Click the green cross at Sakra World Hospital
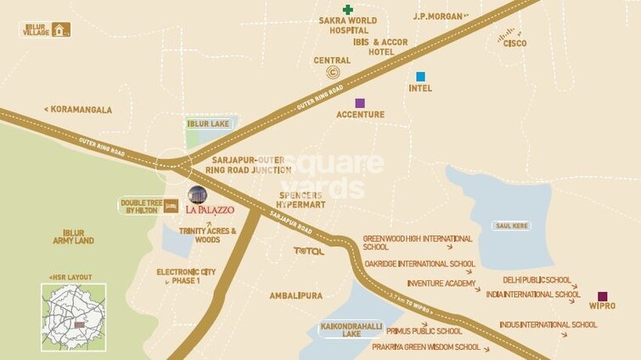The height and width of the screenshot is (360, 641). (x=348, y=9)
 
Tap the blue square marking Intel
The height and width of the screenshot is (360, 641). (x=420, y=76)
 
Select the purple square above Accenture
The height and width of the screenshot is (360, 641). (x=360, y=103)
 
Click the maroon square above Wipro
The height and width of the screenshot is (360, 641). (x=602, y=296)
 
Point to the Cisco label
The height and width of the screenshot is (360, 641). (x=514, y=43)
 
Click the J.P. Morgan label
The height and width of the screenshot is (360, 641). (x=440, y=16)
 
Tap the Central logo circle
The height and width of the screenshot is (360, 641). (x=333, y=73)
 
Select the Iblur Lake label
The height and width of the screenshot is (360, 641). (x=209, y=124)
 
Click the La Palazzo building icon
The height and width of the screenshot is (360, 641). (x=197, y=195)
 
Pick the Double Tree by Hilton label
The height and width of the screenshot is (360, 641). (x=141, y=206)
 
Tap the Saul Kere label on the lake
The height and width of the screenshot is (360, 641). (x=511, y=226)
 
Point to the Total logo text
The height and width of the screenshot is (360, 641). (x=308, y=251)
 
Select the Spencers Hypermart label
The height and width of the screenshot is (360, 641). (x=300, y=200)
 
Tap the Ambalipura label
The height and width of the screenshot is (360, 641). (x=295, y=295)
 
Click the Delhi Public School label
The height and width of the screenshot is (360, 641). (x=537, y=279)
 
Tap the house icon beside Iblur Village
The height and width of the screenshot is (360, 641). (x=59, y=31)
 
